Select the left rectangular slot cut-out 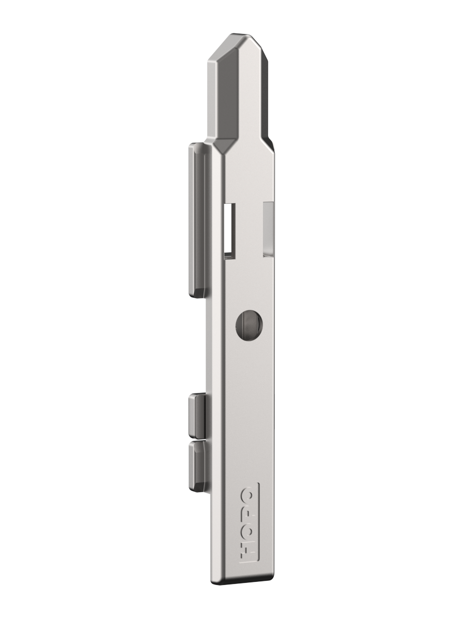229,231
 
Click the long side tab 198,220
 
